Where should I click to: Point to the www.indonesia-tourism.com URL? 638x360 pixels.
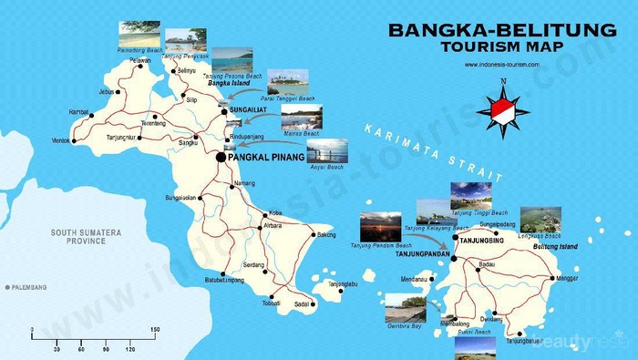pos(502,65)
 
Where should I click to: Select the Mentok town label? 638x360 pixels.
pos(60,141)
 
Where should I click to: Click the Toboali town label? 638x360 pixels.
pos(271,303)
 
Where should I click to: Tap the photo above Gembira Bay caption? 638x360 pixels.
pos(405,306)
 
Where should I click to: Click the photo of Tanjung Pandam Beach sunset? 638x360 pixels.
pos(380,227)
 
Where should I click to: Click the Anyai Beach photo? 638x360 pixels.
pos(326,150)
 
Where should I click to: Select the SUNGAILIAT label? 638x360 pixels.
pos(248,108)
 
